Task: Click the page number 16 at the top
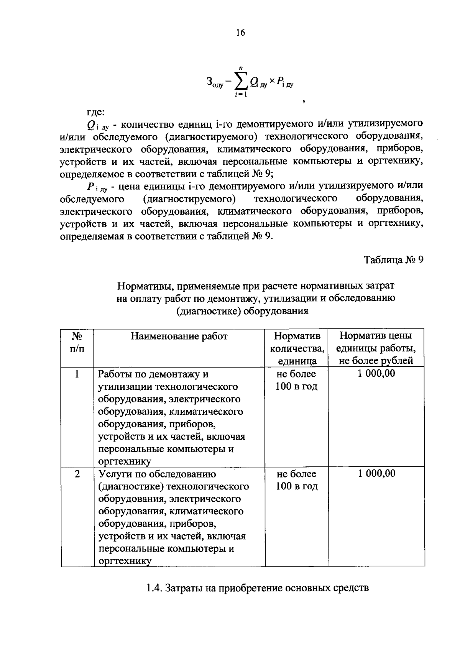(240, 33)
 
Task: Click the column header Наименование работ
(179, 336)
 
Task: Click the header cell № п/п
(77, 342)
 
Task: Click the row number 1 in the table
(77, 374)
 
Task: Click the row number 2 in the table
(77, 474)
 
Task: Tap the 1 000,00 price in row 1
(376, 374)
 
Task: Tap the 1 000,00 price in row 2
(376, 474)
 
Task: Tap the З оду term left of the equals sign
(214, 82)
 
